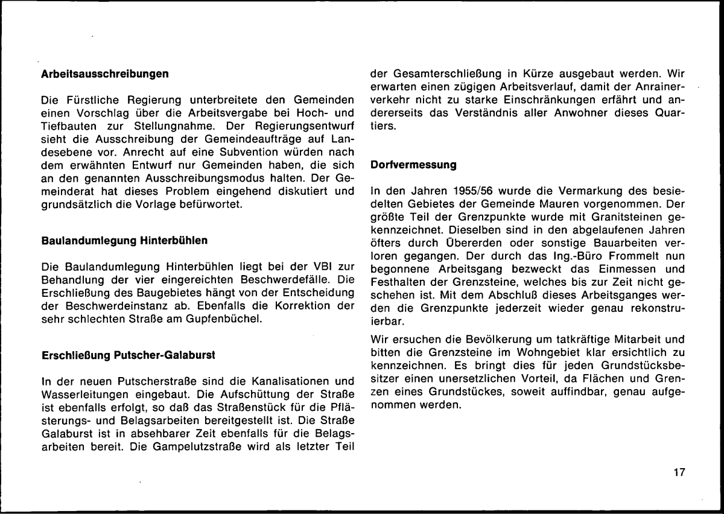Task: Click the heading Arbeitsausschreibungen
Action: pos(104,75)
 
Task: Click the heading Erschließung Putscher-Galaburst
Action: pos(128,355)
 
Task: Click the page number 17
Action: pos(679,472)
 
